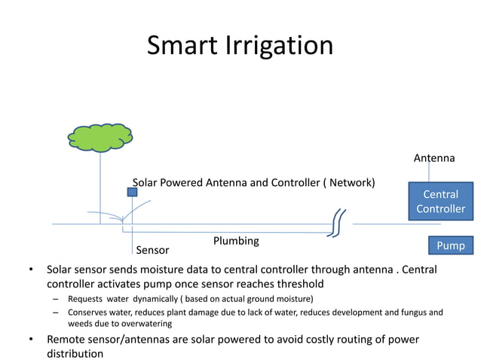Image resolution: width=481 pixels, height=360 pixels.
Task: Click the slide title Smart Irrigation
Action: click(240, 46)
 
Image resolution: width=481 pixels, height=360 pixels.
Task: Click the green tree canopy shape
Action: click(100, 137)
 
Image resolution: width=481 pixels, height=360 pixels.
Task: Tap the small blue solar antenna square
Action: click(132, 192)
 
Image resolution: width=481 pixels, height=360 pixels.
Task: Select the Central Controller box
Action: click(440, 201)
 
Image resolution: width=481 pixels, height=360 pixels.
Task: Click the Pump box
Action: click(451, 246)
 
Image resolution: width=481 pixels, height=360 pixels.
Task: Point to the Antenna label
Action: click(434, 158)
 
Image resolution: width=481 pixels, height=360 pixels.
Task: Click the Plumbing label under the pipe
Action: click(236, 241)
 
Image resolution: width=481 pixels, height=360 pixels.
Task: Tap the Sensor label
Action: click(152, 250)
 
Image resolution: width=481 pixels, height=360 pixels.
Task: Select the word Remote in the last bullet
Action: click(68, 339)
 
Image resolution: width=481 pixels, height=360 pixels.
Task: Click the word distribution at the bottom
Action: click(75, 353)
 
